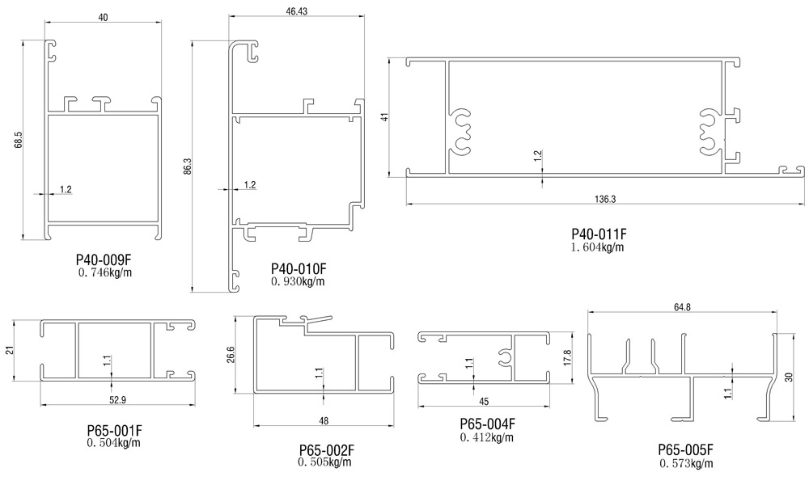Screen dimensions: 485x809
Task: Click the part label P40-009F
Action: [103, 260]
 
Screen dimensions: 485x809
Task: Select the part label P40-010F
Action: [298, 268]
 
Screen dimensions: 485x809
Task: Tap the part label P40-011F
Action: [599, 234]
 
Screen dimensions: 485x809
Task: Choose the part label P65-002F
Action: [326, 449]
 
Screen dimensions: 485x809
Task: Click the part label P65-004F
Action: [487, 424]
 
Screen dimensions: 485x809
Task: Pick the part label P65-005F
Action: [686, 450]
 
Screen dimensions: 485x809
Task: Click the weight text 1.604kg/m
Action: [598, 247]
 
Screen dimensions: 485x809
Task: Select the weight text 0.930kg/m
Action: [298, 281]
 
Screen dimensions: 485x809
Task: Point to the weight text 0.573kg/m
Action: [686, 464]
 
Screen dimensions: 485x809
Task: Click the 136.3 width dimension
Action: [605, 199]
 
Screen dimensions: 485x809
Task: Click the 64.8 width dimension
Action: [681, 306]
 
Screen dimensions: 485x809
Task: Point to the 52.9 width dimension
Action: [117, 399]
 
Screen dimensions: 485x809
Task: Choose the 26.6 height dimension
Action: [231, 354]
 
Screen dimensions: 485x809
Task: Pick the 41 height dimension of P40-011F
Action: [386, 115]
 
